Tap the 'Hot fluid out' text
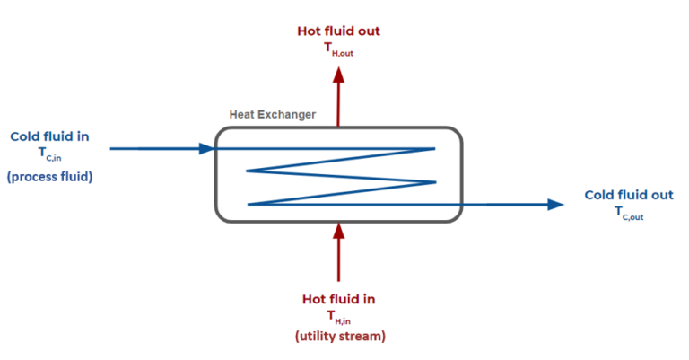click(338, 31)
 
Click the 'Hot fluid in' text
click(338, 298)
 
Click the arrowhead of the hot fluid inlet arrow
click(338, 231)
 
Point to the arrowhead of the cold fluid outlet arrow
click(556, 205)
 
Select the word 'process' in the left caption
click(36, 176)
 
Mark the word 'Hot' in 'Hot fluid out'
click(310, 31)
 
